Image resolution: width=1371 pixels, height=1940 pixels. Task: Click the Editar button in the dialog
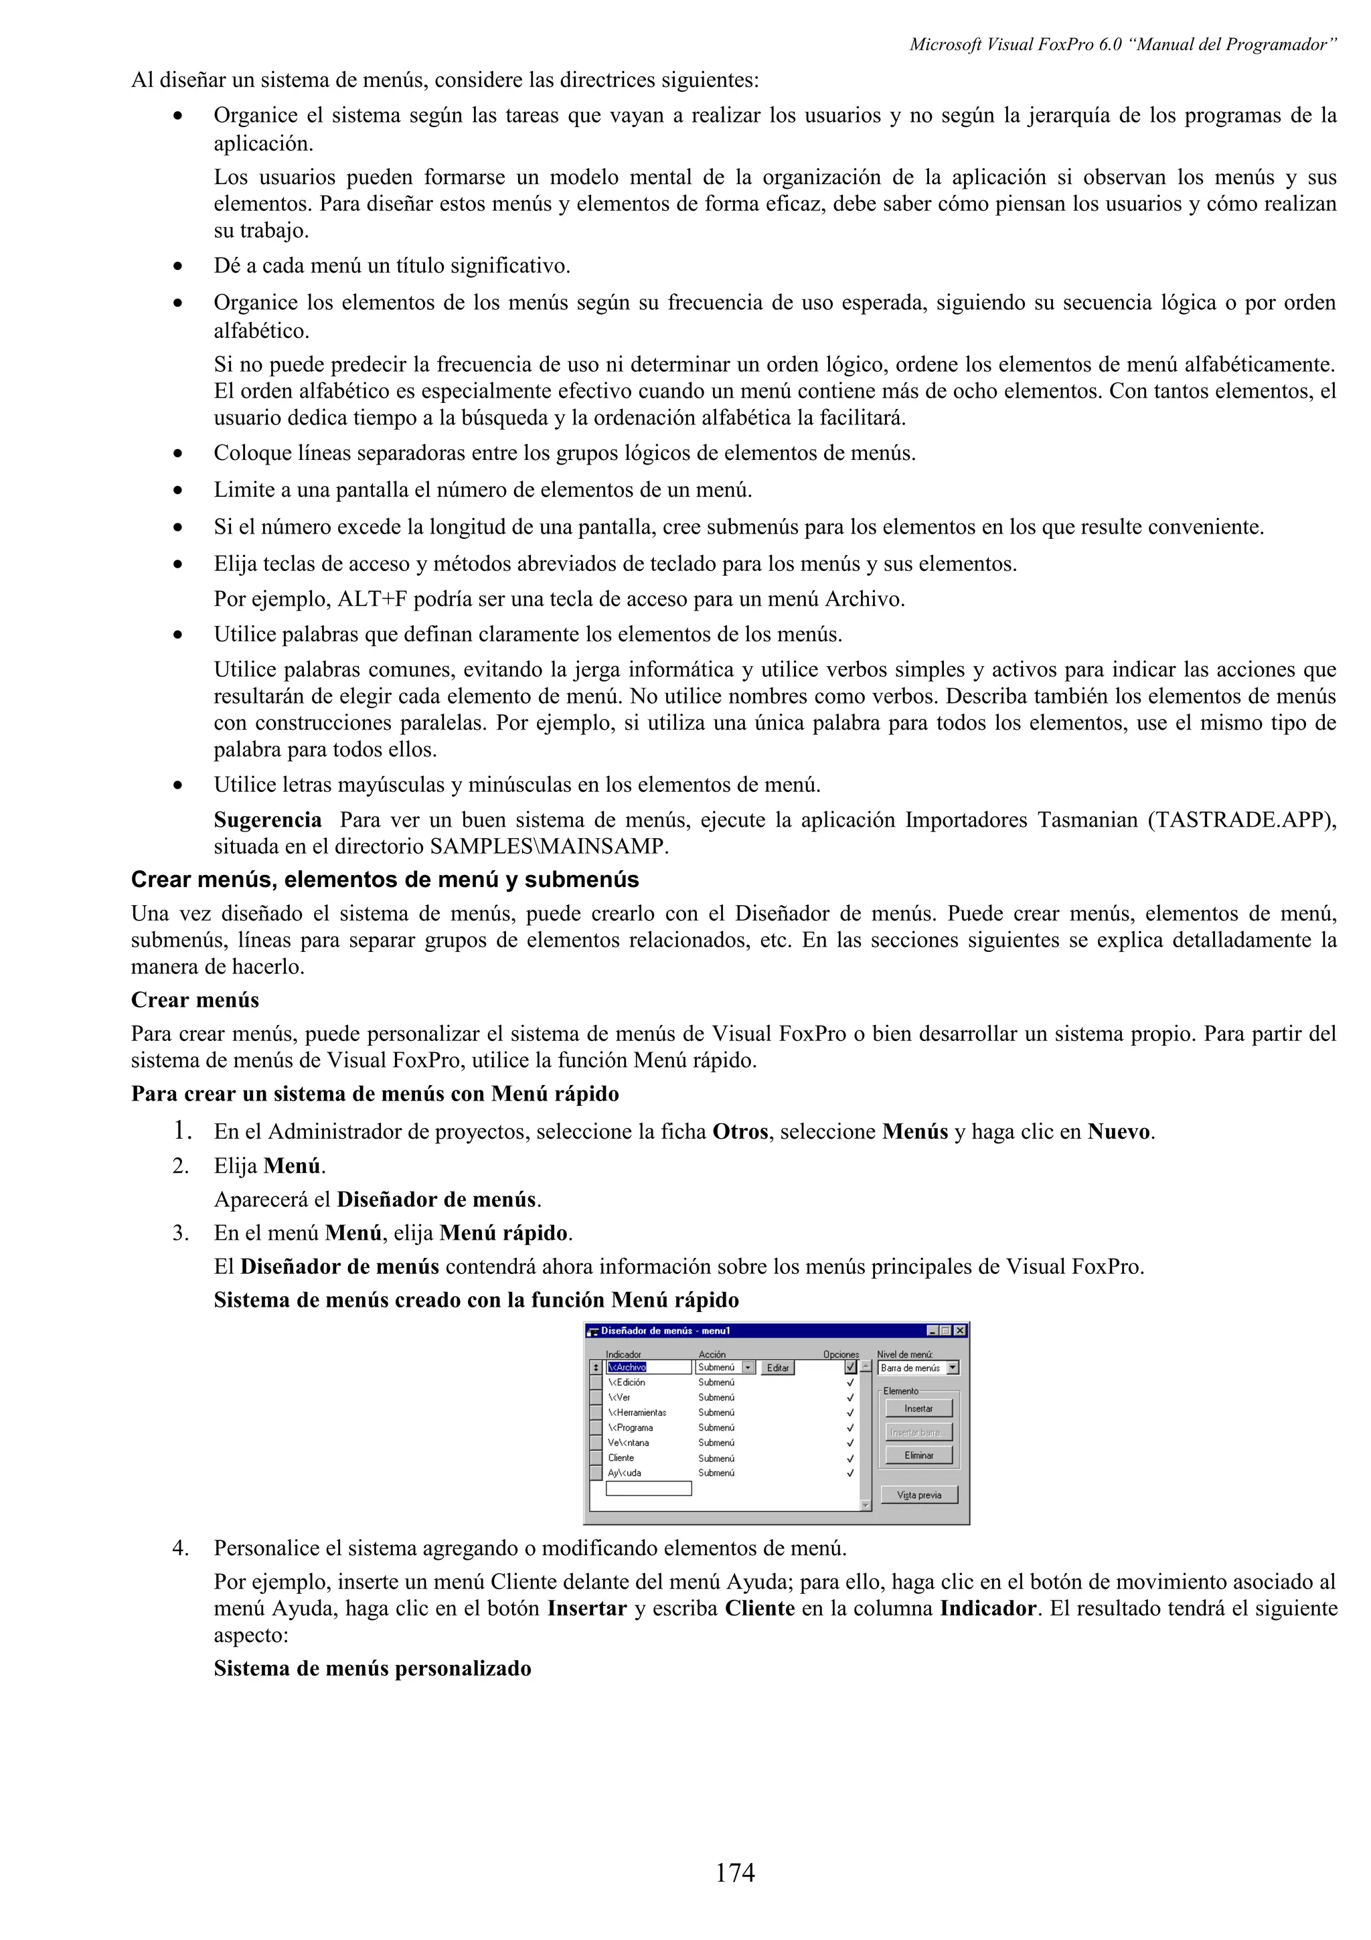[x=777, y=1368]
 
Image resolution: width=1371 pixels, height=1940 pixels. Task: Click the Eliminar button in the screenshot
[x=918, y=1455]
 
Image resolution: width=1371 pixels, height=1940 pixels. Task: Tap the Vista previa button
[x=918, y=1495]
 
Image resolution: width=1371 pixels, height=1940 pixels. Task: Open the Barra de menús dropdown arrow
[x=953, y=1367]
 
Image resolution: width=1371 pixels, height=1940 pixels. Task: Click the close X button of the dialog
[x=959, y=1331]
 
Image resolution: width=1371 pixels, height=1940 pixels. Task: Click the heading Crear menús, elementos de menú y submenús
[x=384, y=880]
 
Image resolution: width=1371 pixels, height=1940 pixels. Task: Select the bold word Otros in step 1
[x=740, y=1131]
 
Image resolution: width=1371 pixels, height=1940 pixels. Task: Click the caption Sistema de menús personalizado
[x=372, y=1668]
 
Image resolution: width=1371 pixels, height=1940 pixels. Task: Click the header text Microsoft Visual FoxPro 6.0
[x=1014, y=45]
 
